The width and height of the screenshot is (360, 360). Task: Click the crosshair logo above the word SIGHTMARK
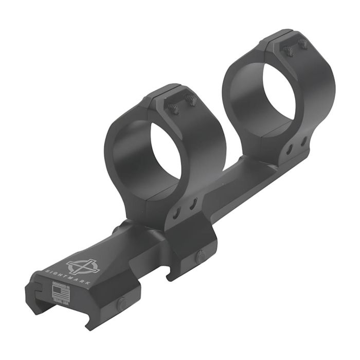point(83,265)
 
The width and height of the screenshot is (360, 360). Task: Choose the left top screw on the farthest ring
point(289,51)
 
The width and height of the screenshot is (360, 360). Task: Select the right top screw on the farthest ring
point(303,45)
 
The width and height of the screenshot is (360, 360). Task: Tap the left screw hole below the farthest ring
point(290,149)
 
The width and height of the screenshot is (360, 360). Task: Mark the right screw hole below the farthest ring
point(303,140)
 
